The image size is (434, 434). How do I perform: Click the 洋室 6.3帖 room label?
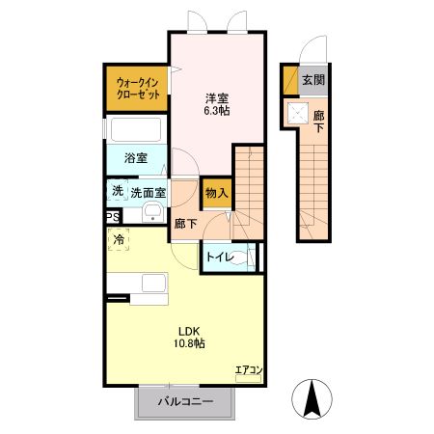(x=216, y=104)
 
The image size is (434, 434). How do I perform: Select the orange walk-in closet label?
(x=135, y=89)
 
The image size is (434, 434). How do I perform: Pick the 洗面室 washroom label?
(x=148, y=192)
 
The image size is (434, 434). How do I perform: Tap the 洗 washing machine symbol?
(x=117, y=191)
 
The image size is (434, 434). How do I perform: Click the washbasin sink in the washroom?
(x=150, y=214)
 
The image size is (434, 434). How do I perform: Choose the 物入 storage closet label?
(x=216, y=193)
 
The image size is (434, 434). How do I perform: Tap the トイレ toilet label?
(x=217, y=258)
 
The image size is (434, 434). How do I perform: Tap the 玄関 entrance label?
(x=312, y=81)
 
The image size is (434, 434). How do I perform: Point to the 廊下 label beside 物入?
(x=185, y=224)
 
